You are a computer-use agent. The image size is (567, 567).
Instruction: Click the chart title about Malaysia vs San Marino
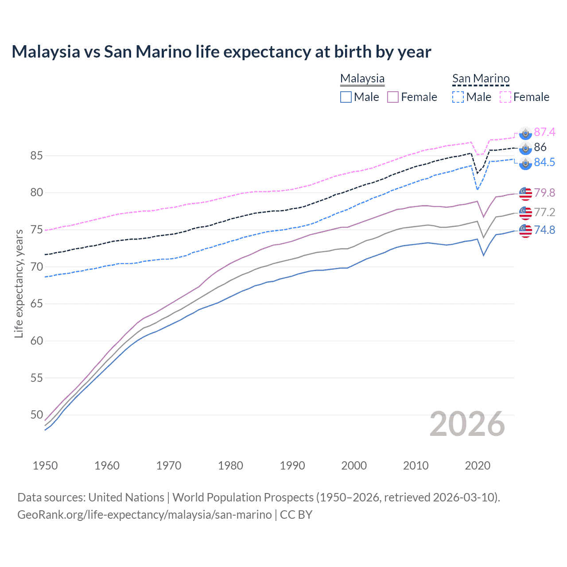click(x=221, y=52)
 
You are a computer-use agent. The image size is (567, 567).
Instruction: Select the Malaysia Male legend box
click(x=346, y=97)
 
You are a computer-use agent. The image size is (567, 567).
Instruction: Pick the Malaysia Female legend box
click(x=393, y=97)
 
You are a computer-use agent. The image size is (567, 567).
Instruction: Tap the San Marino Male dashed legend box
click(x=458, y=97)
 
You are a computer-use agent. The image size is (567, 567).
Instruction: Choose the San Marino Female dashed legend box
click(x=505, y=97)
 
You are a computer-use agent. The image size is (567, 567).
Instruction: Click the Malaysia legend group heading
click(x=362, y=78)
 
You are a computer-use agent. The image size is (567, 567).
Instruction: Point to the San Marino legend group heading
click(x=481, y=78)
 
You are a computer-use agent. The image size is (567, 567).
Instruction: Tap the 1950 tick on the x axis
click(x=45, y=466)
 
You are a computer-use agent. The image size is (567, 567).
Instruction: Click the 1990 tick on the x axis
click(x=292, y=466)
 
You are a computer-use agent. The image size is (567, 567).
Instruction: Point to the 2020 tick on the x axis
click(x=478, y=466)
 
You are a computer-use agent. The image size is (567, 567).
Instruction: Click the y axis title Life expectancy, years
click(x=19, y=283)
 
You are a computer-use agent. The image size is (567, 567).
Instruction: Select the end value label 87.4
click(x=544, y=132)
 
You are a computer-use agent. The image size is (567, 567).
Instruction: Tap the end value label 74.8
click(x=544, y=230)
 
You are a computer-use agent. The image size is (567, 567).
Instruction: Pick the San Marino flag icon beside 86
click(x=525, y=148)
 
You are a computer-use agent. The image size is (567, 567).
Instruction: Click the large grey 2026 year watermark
click(x=467, y=424)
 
